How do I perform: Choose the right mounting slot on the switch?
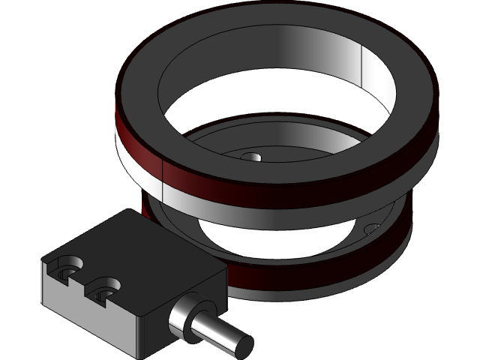(x=105, y=286)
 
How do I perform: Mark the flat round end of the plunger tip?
(x=241, y=345)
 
